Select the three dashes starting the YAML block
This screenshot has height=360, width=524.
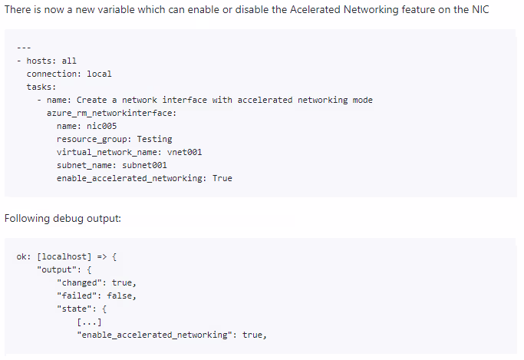(x=24, y=48)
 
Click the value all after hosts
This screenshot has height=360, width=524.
(x=69, y=61)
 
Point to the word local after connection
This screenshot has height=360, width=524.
(x=99, y=74)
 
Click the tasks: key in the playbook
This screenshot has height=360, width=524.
(x=41, y=87)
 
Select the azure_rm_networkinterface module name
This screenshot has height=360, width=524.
(x=111, y=113)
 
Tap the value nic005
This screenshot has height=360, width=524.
(x=102, y=126)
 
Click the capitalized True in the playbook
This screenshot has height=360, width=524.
(x=222, y=178)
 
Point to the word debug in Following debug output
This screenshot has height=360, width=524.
(x=68, y=219)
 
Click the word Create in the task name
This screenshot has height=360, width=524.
(x=91, y=100)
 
